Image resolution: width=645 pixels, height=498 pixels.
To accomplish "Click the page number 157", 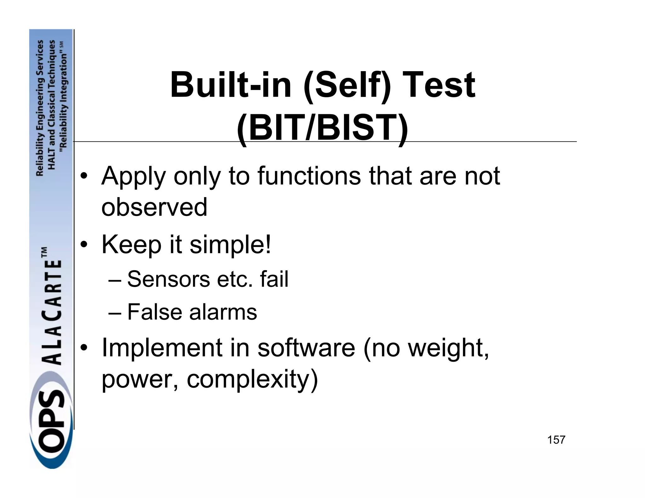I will coord(556,440).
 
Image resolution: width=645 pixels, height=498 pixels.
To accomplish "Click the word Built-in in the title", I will coord(231,85).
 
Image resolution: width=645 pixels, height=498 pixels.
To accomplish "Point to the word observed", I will coord(154,207).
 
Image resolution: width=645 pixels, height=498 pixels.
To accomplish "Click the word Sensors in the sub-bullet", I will coord(168,279).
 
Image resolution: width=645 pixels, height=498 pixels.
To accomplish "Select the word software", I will coord(306,348).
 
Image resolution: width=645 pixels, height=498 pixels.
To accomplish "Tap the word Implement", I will coord(162,348).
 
